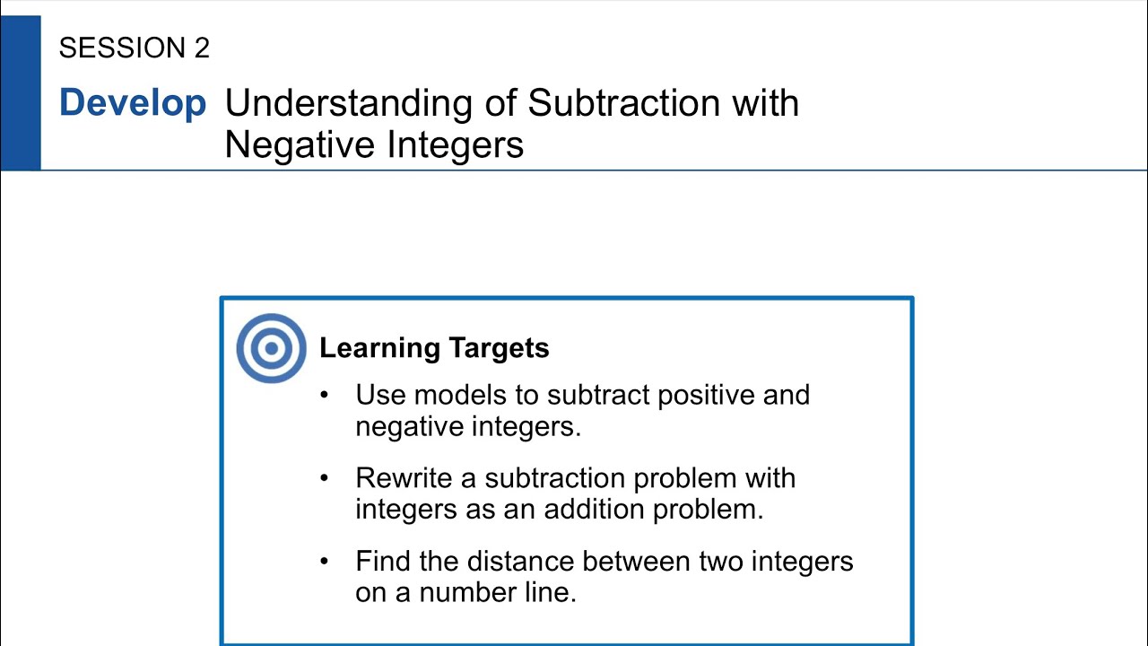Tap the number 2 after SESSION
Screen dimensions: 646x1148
click(x=201, y=48)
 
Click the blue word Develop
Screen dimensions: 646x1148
click(x=133, y=103)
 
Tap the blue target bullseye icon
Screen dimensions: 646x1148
click(x=271, y=348)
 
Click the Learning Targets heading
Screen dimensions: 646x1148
click(x=434, y=348)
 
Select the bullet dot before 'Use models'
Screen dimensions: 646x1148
click(x=325, y=396)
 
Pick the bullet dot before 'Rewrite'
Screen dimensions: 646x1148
click(x=325, y=478)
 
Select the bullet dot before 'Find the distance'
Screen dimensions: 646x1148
click(x=325, y=562)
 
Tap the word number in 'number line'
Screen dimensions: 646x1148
click(x=465, y=593)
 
